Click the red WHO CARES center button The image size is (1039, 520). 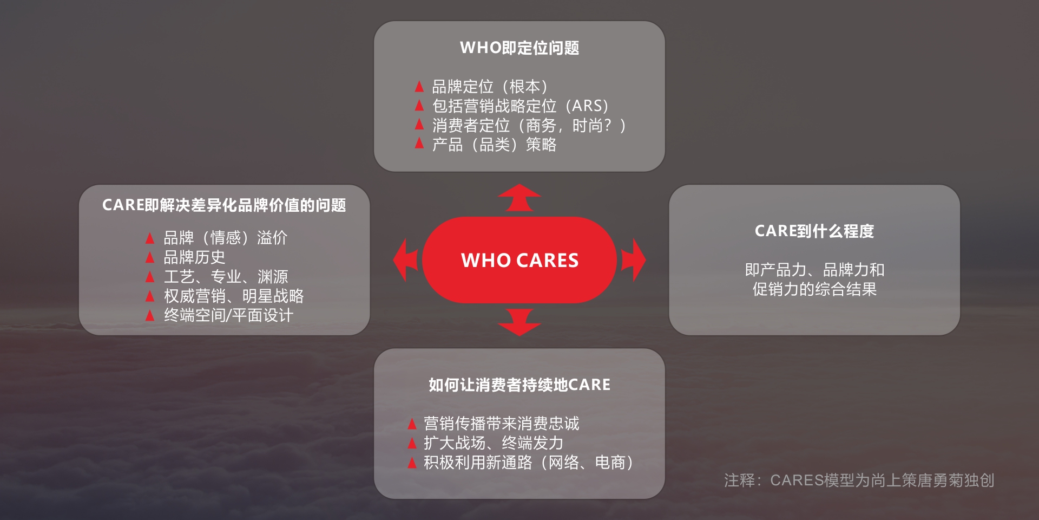[519, 260]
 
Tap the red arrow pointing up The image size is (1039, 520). [519, 198]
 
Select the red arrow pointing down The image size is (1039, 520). [519, 323]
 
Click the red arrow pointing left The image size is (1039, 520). [405, 260]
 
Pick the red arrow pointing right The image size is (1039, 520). [634, 260]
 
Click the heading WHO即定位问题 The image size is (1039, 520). [519, 48]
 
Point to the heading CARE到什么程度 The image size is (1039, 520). [814, 231]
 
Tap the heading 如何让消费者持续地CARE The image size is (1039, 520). [519, 385]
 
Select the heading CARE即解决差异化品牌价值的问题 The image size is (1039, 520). [224, 205]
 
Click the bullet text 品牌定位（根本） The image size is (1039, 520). [490, 87]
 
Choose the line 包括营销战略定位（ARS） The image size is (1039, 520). [521, 106]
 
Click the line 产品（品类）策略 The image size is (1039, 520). [494, 145]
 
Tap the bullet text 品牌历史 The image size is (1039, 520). [194, 257]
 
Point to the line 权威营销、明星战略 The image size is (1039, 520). [234, 296]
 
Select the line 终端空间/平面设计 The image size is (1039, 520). [228, 315]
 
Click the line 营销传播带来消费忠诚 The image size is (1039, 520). [501, 424]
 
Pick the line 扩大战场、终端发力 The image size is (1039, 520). [494, 443]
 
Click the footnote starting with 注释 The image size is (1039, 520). [859, 480]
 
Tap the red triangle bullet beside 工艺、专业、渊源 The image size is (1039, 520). [150, 277]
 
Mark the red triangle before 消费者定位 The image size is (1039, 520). [419, 125]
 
